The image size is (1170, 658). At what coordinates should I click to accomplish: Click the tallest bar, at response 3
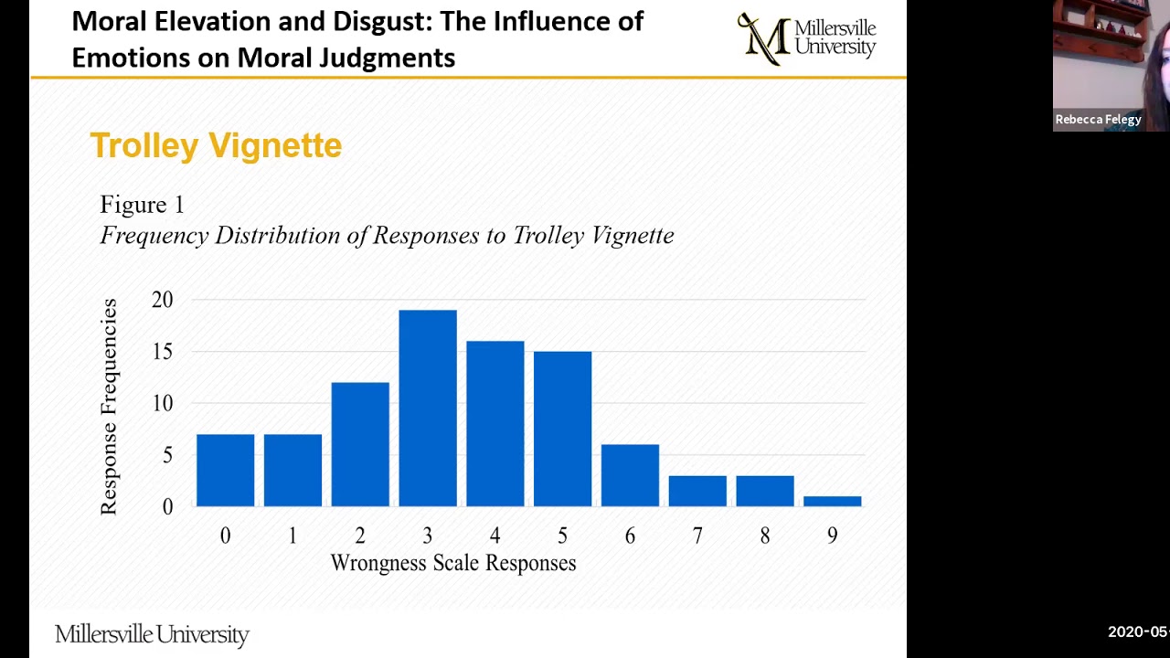428,408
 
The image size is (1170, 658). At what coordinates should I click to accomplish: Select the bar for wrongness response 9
832,501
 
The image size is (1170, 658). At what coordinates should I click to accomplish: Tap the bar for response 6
630,475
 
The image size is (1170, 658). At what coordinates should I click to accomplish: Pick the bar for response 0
226,470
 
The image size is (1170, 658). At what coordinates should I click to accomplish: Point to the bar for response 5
562,429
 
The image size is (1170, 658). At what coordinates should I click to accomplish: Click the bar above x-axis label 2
360,444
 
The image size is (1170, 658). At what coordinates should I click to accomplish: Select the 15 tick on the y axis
162,352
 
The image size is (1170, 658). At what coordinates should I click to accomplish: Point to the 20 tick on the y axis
162,300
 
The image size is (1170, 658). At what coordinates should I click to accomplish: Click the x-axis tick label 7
697,536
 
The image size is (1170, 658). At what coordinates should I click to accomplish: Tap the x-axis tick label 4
495,536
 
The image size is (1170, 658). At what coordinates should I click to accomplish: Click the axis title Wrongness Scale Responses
453,563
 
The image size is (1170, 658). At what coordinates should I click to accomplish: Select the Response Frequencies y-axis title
110,407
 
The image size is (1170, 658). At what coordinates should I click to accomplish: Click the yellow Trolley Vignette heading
216,146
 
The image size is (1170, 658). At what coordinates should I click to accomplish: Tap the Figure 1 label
142,205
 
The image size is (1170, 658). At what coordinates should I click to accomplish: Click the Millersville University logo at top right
806,38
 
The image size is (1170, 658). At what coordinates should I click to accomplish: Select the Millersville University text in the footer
152,634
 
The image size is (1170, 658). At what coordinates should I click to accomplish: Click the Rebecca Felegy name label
1098,120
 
